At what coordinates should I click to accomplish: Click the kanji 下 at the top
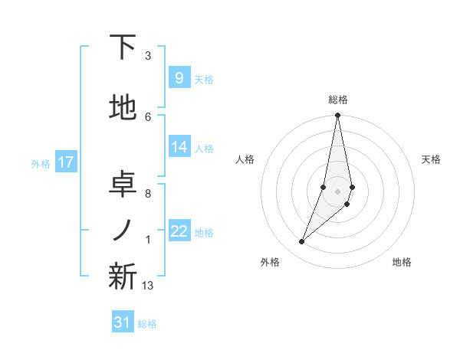(x=123, y=47)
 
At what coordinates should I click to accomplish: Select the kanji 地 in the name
(x=123, y=109)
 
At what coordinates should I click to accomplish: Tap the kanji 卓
(x=123, y=183)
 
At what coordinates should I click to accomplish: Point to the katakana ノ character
(x=123, y=230)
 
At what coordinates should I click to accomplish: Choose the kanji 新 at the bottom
(x=123, y=277)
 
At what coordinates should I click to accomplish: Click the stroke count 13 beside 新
(x=148, y=286)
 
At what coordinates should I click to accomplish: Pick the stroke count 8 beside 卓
(x=148, y=193)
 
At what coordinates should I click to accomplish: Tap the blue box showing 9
(x=179, y=78)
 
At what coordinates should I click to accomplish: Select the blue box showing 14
(x=179, y=148)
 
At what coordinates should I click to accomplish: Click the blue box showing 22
(x=179, y=232)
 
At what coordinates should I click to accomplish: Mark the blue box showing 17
(x=66, y=162)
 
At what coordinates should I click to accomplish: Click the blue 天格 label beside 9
(x=204, y=80)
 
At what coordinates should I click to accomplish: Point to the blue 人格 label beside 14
(x=204, y=149)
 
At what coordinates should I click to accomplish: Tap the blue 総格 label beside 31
(x=147, y=324)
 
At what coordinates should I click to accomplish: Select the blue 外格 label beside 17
(x=41, y=163)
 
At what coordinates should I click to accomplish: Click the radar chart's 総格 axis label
(x=338, y=100)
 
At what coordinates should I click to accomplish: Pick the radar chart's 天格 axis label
(x=432, y=159)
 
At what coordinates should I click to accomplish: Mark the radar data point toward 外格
(x=302, y=242)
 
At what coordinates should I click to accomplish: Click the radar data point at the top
(x=337, y=116)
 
